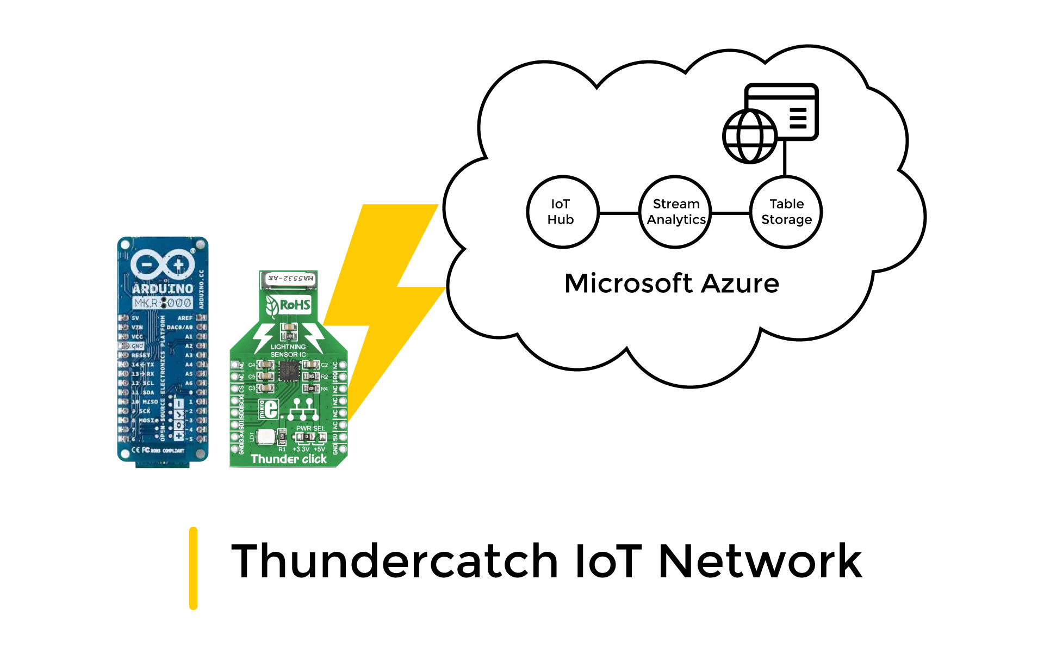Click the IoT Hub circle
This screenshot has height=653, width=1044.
click(562, 212)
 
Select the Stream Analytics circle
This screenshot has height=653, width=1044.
click(675, 212)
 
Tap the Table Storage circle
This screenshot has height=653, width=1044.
click(786, 212)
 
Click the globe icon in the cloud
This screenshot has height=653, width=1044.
click(749, 136)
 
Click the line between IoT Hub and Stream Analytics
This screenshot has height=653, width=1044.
click(619, 213)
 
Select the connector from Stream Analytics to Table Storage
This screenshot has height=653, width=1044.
click(730, 213)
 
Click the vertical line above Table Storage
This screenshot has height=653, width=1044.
click(785, 158)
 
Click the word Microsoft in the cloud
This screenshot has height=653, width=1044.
click(628, 284)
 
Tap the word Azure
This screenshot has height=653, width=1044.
click(740, 284)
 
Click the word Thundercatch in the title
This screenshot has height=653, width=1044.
click(394, 562)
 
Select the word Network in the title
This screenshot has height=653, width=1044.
click(760, 562)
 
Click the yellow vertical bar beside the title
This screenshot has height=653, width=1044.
click(193, 568)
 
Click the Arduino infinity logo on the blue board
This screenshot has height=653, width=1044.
click(163, 264)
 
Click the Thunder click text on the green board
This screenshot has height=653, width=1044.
click(289, 459)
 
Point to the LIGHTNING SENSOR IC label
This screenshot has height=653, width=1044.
click(288, 350)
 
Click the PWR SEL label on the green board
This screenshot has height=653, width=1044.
click(310, 428)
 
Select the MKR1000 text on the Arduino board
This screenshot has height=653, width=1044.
click(162, 303)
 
